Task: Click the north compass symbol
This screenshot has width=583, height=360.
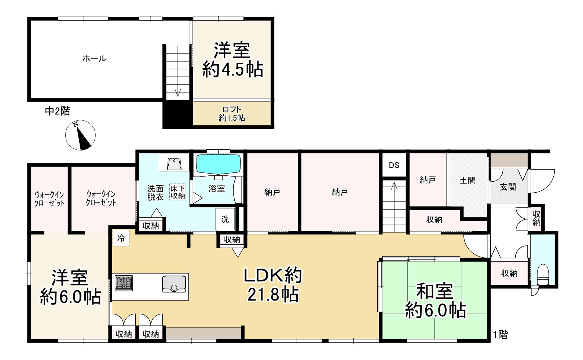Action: click(x=80, y=135)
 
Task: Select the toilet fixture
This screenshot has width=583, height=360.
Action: click(x=543, y=274)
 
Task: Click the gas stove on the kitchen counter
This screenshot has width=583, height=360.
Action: click(x=124, y=283)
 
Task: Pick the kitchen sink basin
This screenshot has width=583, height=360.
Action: click(x=174, y=284)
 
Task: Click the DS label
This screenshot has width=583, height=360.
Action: click(x=394, y=165)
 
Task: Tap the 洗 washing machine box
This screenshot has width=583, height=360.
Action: click(x=225, y=219)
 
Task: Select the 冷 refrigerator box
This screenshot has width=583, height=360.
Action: click(x=121, y=238)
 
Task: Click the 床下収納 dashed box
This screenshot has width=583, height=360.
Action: click(x=178, y=192)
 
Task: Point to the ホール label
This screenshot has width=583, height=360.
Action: click(x=94, y=58)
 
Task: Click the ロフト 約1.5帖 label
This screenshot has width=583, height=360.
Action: click(x=232, y=114)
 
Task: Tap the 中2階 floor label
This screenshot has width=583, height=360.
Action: click(x=58, y=111)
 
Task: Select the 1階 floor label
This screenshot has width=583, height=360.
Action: click(x=500, y=335)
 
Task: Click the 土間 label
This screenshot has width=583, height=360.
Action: click(x=468, y=180)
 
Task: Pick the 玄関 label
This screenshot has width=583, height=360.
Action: click(x=508, y=187)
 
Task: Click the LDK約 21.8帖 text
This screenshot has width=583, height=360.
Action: click(x=273, y=285)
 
